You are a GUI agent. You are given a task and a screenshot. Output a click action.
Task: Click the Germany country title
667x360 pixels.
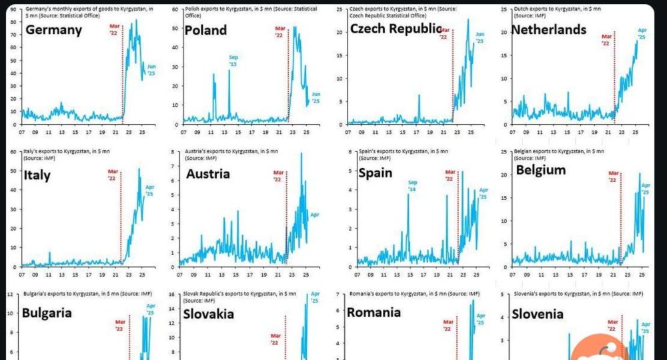pyautogui.click(x=53, y=30)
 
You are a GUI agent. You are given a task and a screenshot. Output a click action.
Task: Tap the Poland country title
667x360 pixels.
pyautogui.click(x=205, y=30)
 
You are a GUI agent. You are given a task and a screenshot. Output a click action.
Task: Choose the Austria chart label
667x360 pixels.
pyautogui.click(x=207, y=174)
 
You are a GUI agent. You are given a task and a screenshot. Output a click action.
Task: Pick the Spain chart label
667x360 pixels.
pyautogui.click(x=375, y=173)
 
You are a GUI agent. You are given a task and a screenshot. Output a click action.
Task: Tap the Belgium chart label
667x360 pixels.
pyautogui.click(x=541, y=170)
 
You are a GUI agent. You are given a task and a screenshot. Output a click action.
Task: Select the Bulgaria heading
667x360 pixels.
pyautogui.click(x=47, y=313)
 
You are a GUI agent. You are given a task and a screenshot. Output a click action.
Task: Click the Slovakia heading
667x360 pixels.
pyautogui.click(x=209, y=313)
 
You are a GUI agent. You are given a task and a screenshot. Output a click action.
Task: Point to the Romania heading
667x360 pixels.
pyautogui.click(x=374, y=312)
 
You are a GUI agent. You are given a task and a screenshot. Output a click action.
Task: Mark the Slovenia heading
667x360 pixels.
pyautogui.click(x=539, y=313)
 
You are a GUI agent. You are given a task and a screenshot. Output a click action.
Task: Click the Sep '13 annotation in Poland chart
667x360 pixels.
pyautogui.click(x=233, y=61)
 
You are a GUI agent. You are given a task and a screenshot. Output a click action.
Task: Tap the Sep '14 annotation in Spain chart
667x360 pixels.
pyautogui.click(x=412, y=185)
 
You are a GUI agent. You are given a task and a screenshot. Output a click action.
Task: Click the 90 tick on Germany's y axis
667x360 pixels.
pyautogui.click(x=13, y=10)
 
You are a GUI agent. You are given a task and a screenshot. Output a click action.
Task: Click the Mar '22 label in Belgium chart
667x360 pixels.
pyautogui.click(x=614, y=177)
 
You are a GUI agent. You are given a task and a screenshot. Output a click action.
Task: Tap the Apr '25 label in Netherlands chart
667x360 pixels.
pyautogui.click(x=642, y=34)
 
